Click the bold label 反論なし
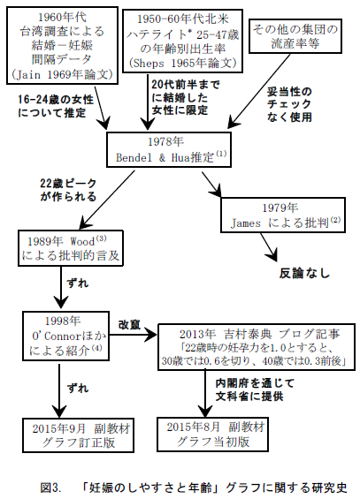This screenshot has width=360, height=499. click(304, 273)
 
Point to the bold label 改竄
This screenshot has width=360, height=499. click(129, 325)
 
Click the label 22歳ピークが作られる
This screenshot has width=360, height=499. click(68, 190)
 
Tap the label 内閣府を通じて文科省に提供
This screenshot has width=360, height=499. click(255, 389)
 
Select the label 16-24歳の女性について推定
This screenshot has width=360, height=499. click(56, 106)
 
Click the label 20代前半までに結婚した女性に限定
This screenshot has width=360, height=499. click(186, 97)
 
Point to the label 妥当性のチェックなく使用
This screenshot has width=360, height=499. click(289, 105)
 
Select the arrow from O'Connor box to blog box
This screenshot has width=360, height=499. click(134, 335)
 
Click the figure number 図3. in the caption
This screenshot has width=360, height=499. click(50, 488)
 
